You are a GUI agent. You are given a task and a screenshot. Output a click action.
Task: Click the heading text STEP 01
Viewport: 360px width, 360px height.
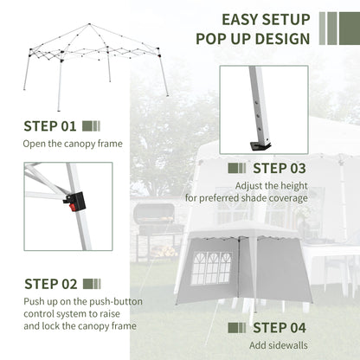coord(50,125)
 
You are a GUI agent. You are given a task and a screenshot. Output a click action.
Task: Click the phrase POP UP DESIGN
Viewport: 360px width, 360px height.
coord(253,39)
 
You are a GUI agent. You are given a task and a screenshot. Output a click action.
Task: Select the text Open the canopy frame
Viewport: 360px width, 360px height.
coord(73,144)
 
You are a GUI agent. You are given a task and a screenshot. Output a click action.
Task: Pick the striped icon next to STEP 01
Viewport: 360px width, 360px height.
coord(92,125)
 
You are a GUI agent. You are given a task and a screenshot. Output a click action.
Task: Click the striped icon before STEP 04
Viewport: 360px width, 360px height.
coord(238,328)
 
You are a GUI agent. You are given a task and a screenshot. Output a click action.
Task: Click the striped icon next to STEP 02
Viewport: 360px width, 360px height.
coord(93,283)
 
